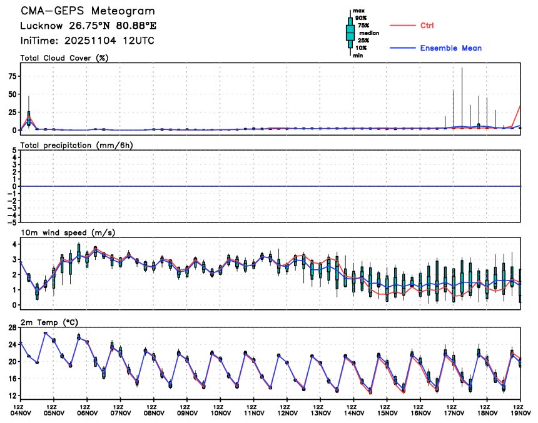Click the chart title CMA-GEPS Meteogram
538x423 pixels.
[x=88, y=12]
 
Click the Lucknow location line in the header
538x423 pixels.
[x=88, y=26]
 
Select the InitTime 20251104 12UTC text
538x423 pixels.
[x=88, y=41]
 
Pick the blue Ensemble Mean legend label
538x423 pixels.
[x=450, y=48]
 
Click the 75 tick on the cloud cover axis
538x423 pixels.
[x=11, y=76]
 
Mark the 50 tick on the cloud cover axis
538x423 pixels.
[x=11, y=94]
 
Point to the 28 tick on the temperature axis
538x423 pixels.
[x=11, y=327]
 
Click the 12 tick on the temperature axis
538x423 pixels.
[x=11, y=396]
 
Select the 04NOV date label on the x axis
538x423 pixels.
[x=20, y=413]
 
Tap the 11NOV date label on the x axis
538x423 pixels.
[x=253, y=413]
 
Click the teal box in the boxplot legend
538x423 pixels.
[x=350, y=32]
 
